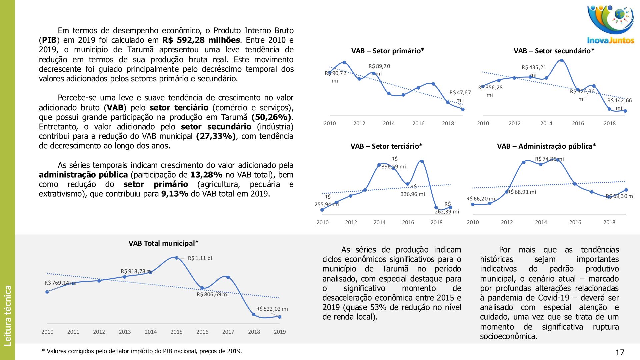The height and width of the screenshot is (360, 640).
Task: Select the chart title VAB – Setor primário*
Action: click(x=387, y=51)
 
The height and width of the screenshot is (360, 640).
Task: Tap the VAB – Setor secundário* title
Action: click(x=554, y=51)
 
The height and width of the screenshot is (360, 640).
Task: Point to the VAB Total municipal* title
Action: click(x=163, y=243)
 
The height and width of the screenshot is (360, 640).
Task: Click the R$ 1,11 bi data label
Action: click(x=200, y=258)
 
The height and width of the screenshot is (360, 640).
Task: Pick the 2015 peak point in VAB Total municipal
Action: click(x=177, y=258)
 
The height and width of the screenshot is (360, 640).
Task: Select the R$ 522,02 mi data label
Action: click(x=272, y=309)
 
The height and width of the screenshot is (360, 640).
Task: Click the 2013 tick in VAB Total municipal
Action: click(x=125, y=332)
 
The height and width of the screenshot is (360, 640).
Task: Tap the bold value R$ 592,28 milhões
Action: click(x=201, y=40)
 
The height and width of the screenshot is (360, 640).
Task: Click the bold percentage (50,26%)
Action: click(x=272, y=117)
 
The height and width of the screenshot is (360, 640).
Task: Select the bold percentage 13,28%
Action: click(x=206, y=175)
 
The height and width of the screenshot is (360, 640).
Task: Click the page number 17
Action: click(x=620, y=352)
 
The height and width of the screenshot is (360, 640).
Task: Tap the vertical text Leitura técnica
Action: click(x=8, y=315)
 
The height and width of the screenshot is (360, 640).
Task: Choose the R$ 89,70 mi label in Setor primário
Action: click(x=379, y=70)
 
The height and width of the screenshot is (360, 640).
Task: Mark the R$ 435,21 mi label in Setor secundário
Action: click(x=534, y=71)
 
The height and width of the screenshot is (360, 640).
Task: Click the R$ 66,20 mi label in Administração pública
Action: click(x=480, y=199)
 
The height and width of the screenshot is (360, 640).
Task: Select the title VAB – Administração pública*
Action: click(x=546, y=146)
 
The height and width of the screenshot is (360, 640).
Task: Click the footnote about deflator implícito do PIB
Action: click(x=142, y=351)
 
